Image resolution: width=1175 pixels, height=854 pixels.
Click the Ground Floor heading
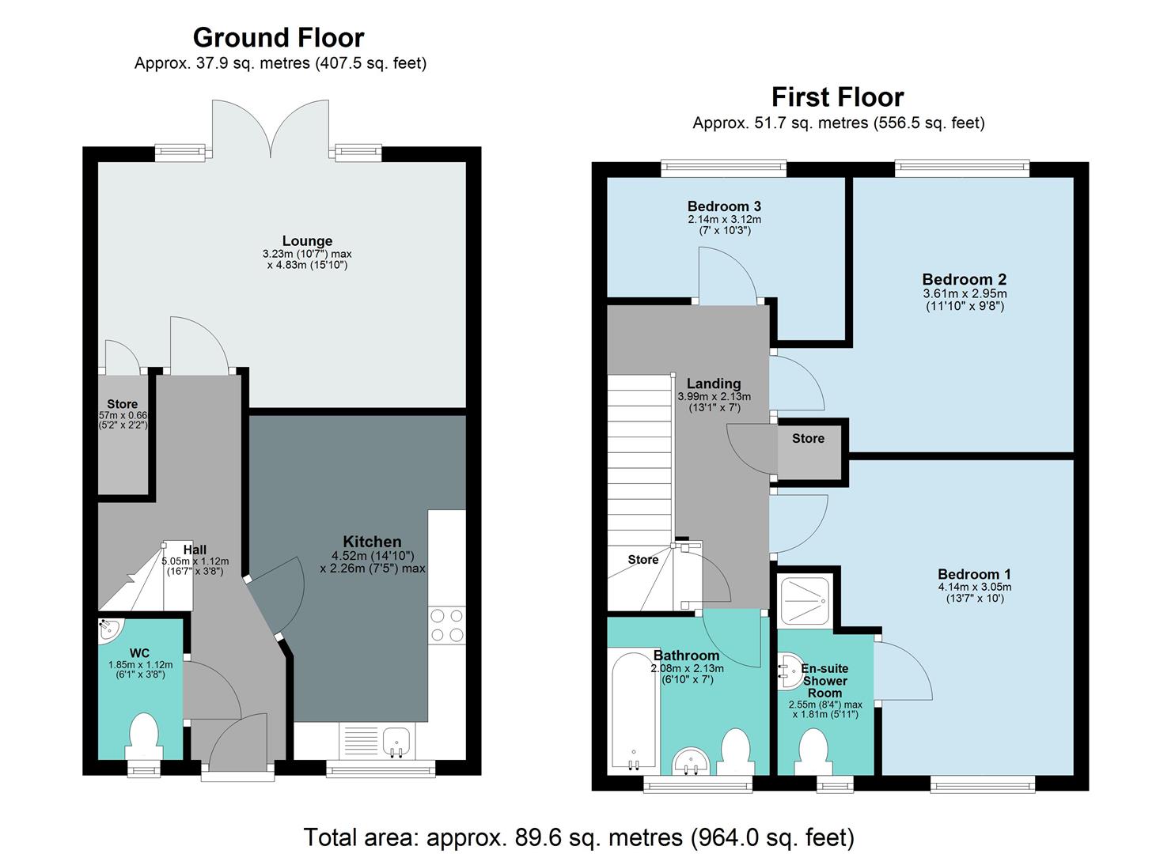279,38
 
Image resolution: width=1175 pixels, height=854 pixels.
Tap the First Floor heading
837,97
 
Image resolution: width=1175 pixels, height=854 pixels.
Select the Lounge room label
307,241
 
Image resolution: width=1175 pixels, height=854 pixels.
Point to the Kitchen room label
372,542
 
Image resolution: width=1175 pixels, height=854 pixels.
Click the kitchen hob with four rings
446,625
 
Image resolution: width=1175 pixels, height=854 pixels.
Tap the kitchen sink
396,742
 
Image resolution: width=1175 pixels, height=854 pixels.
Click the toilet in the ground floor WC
143,735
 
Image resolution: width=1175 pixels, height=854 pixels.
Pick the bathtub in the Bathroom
633,712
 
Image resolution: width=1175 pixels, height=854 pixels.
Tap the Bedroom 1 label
974,574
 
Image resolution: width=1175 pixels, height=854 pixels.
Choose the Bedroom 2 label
964,279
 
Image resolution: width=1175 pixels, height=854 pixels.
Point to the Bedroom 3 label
724,206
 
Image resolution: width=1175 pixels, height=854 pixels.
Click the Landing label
714,384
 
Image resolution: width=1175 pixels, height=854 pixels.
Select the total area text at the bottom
578,837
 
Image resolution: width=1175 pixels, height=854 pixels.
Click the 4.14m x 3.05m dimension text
974,588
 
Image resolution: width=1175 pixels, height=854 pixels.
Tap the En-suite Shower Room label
825,681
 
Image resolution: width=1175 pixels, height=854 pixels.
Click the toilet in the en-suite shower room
813,747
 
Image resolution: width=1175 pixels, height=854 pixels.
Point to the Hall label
195,550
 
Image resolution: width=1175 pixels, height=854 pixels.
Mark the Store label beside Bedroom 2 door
808,438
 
